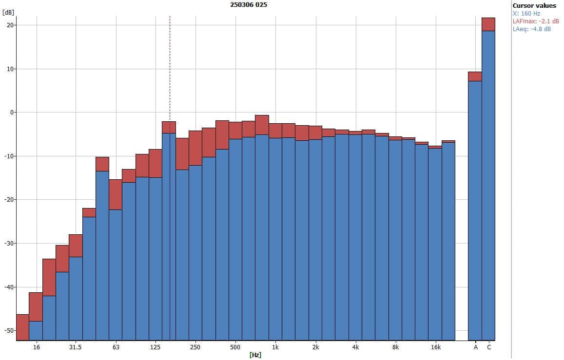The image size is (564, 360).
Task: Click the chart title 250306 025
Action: tap(249, 5)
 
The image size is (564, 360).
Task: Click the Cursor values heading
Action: tap(534, 6)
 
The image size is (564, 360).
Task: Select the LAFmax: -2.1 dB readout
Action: tap(536, 21)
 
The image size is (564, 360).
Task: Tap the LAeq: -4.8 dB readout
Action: tap(532, 29)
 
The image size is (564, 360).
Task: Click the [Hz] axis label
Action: tap(255, 355)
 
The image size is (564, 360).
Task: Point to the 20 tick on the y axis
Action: tap(9, 25)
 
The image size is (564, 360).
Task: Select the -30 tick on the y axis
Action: tap(8, 244)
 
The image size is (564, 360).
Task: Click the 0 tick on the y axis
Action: tap(12, 113)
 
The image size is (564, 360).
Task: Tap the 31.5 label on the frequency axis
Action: tap(75, 347)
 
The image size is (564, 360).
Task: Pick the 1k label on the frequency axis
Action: tap(275, 347)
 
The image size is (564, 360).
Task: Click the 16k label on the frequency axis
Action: tap(436, 347)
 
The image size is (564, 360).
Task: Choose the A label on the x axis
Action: tap(475, 347)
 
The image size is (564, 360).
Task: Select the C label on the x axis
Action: tap(489, 347)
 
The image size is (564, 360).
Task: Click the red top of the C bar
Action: tap(488, 24)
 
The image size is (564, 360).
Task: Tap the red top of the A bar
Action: tap(475, 76)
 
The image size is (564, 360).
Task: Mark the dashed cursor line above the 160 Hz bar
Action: tap(170, 68)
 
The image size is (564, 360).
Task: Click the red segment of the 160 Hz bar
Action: tap(169, 127)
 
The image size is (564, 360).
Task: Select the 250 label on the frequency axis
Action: tap(195, 347)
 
